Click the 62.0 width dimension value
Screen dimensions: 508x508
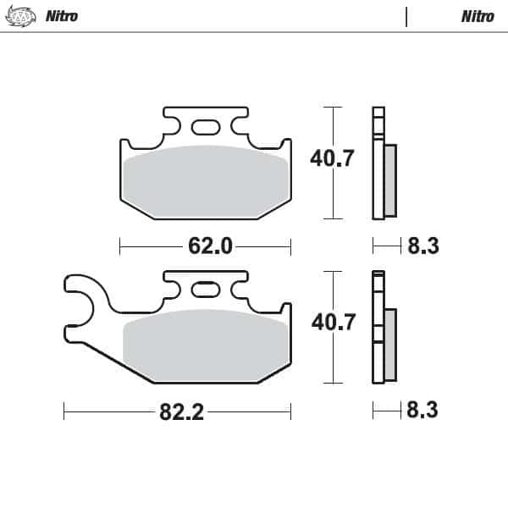tap(209, 246)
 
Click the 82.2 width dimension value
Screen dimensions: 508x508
tap(180, 412)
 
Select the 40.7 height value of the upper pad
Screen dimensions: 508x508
tap(309, 157)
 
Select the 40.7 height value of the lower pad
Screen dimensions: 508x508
tap(309, 323)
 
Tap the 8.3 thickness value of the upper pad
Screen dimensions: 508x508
tap(422, 246)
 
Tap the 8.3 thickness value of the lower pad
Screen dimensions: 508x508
tap(422, 411)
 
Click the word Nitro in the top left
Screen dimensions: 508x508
tap(62, 16)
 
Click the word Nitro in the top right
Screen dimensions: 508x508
tap(478, 16)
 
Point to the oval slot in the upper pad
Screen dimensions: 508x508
tap(205, 127)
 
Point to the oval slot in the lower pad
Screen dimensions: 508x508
tap(205, 290)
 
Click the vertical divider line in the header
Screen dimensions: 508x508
tap(406, 17)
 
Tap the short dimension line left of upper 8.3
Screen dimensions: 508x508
tap(387, 246)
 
